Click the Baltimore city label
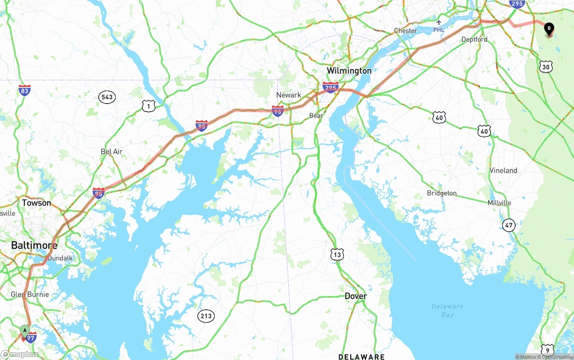point(34,245)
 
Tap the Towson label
point(36,203)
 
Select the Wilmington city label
point(349,70)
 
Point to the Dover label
point(356,296)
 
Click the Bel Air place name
point(112,152)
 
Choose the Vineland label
point(503,170)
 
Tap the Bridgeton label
point(442,193)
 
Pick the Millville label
point(499,203)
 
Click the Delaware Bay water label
point(447,310)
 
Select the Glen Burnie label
point(30,295)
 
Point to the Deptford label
point(474,39)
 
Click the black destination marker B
point(549,29)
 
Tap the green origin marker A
point(25,331)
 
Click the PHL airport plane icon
point(439,22)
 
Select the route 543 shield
point(107,97)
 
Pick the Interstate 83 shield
point(25,91)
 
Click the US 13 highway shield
point(337,255)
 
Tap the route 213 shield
point(206,316)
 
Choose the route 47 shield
point(509,226)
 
